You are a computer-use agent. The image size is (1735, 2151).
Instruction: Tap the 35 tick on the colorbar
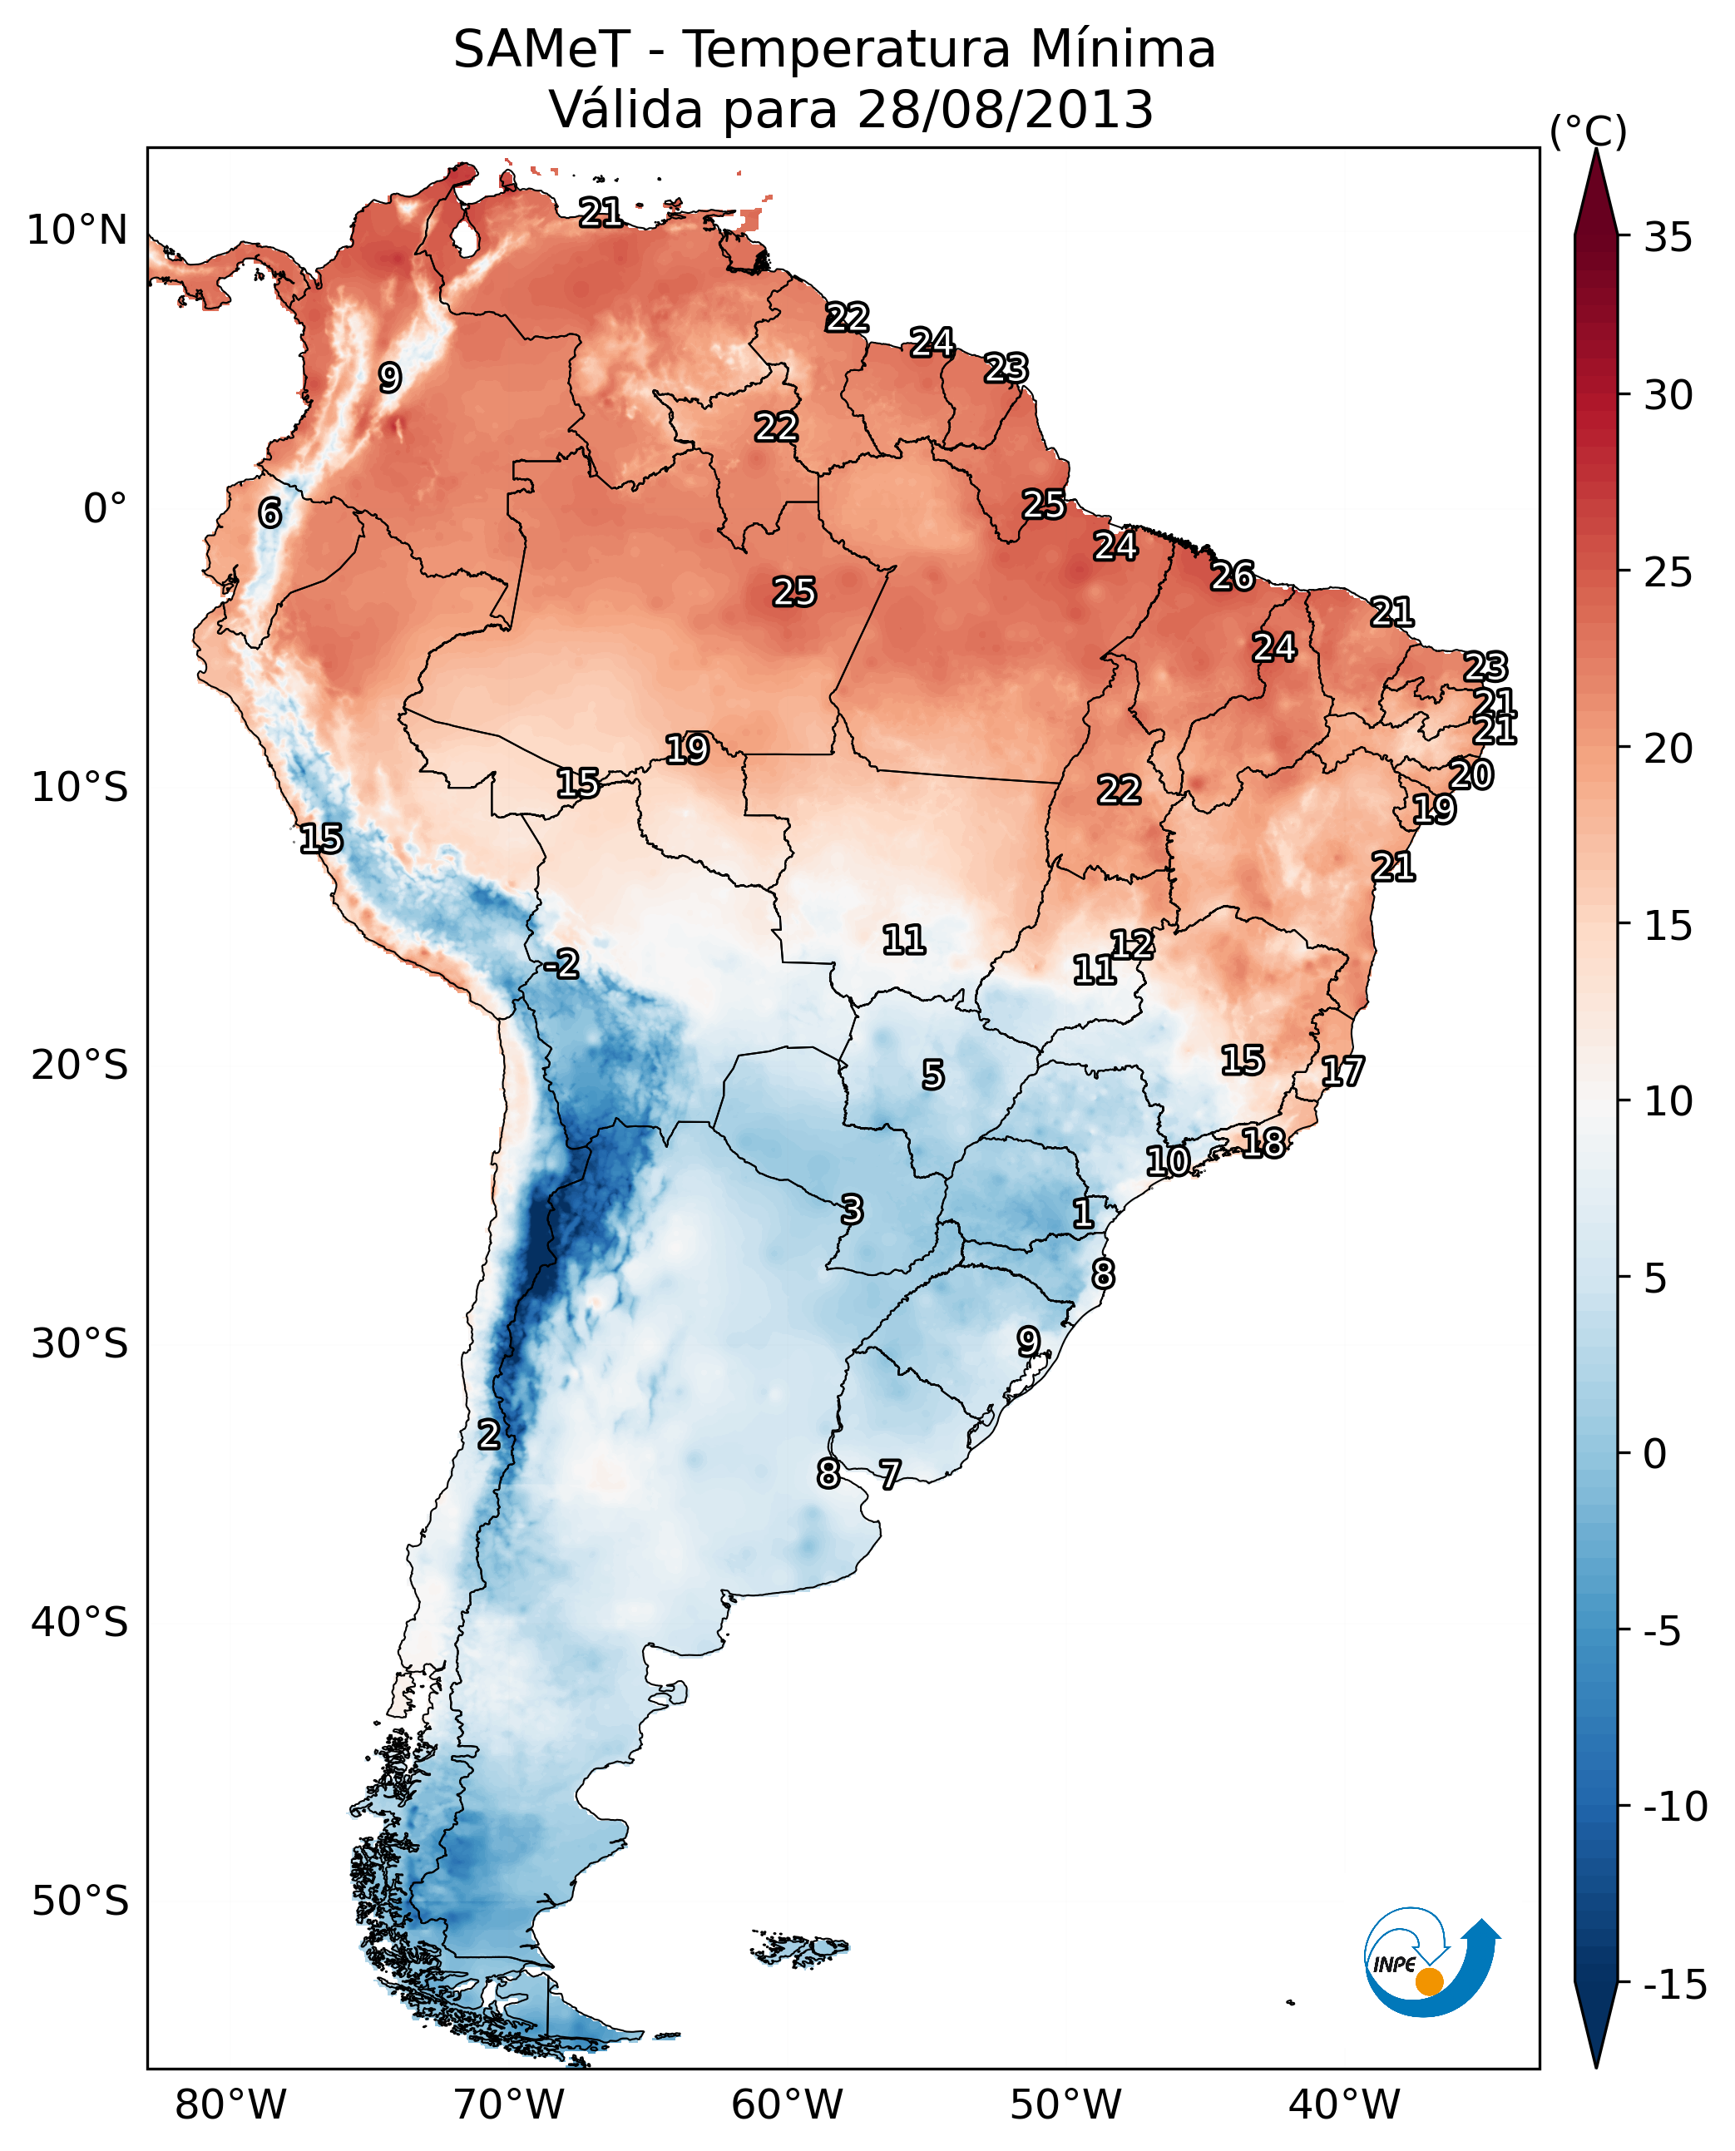(x=1668, y=238)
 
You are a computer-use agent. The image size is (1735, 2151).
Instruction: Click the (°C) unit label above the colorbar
(x=1588, y=132)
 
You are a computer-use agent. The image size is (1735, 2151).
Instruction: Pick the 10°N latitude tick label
(x=77, y=231)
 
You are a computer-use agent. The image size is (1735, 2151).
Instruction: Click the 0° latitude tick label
(x=105, y=509)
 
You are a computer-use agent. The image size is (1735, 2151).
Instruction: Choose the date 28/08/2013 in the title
(x=1006, y=110)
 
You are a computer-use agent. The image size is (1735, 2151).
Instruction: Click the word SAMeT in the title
(x=541, y=50)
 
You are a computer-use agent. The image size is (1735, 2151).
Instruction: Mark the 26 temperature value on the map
(x=1233, y=576)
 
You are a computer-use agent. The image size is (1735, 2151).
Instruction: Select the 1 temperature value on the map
(x=1082, y=1214)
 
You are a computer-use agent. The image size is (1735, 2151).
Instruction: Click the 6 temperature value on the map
(x=269, y=512)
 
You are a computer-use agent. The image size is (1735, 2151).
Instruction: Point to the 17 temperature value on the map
(x=1342, y=1071)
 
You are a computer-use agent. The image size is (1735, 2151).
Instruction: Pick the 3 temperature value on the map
(x=852, y=1209)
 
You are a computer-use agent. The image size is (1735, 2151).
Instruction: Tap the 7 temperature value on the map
(x=889, y=1473)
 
